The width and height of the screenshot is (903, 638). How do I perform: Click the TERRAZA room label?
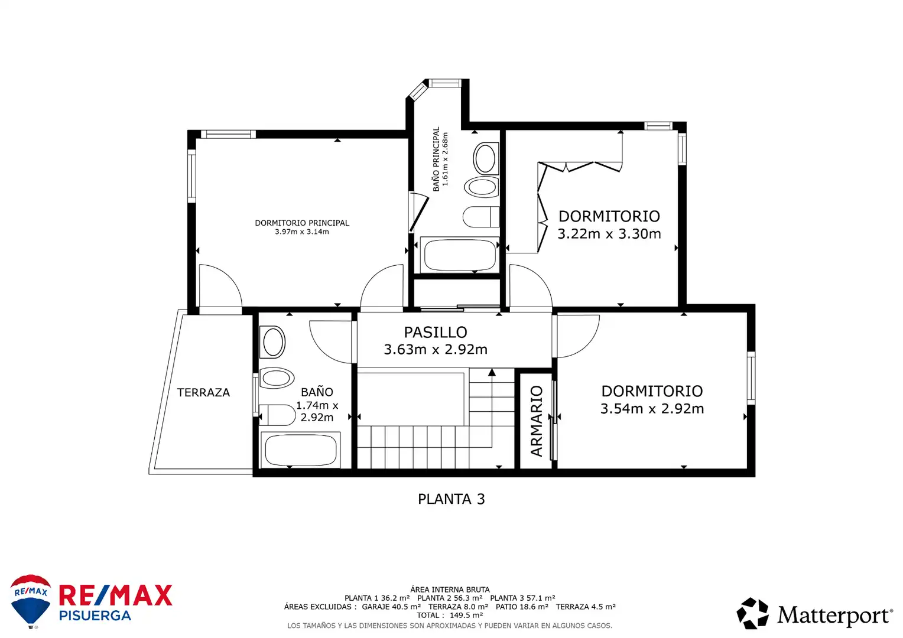(203, 393)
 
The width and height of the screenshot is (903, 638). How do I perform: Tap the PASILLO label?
(436, 333)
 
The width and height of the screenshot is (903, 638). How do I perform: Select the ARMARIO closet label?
(537, 421)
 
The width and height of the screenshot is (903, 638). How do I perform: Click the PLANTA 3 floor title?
(451, 499)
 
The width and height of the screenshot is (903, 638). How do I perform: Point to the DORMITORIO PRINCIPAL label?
(302, 223)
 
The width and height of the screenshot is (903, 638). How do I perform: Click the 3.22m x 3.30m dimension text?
(609, 234)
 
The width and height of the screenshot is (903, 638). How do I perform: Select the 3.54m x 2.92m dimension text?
(652, 409)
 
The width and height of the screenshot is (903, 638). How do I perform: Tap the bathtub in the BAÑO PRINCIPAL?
(460, 255)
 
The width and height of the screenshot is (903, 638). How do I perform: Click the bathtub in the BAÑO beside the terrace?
(300, 450)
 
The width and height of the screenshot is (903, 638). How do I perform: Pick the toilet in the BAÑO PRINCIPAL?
(481, 217)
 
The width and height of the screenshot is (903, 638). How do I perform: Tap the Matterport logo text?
(834, 616)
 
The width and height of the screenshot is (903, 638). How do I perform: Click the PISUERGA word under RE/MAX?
(95, 616)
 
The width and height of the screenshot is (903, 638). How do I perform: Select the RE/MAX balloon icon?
(31, 601)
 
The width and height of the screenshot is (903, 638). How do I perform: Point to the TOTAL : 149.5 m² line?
(450, 616)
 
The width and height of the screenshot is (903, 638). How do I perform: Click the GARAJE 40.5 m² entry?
(391, 607)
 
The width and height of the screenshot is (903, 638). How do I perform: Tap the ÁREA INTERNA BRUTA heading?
(450, 590)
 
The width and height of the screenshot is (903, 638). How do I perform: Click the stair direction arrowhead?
(492, 372)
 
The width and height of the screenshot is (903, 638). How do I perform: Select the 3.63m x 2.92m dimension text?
(436, 350)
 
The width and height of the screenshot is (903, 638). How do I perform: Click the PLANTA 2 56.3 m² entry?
(450, 598)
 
